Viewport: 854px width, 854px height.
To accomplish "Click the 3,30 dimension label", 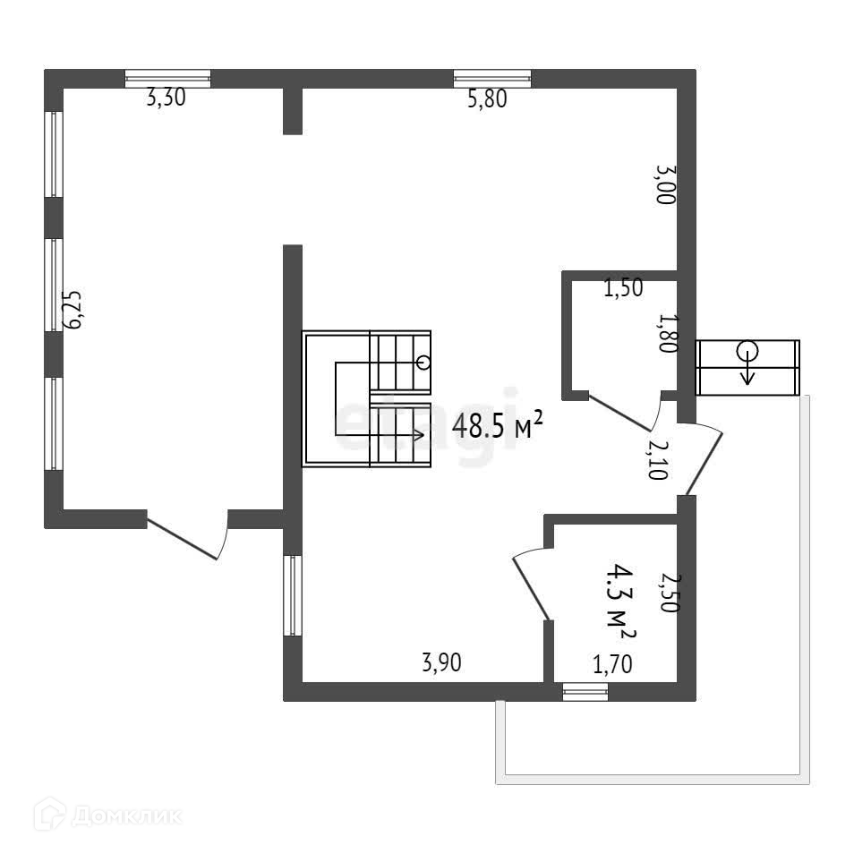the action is [x=166, y=99].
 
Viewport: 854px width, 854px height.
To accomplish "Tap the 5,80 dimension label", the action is [x=488, y=100].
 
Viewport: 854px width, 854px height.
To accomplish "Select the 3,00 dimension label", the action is [x=665, y=184].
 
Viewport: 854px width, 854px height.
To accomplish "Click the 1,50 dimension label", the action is [x=623, y=289].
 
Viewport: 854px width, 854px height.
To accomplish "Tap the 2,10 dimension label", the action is [x=657, y=457].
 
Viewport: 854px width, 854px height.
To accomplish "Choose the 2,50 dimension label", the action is [x=666, y=592].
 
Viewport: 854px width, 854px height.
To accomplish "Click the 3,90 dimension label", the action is [x=442, y=663].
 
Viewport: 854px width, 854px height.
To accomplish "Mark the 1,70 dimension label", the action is [x=613, y=664].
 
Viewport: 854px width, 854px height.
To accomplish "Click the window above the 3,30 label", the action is [x=167, y=79].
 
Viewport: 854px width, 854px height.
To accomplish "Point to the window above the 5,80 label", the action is [x=491, y=79].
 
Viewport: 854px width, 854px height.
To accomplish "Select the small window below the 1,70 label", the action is [x=585, y=691].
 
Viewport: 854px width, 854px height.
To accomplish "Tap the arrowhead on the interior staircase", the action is [x=419, y=435].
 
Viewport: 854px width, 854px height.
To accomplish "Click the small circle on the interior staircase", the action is [x=423, y=363].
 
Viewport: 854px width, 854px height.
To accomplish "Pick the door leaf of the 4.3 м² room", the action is [x=530, y=587].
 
